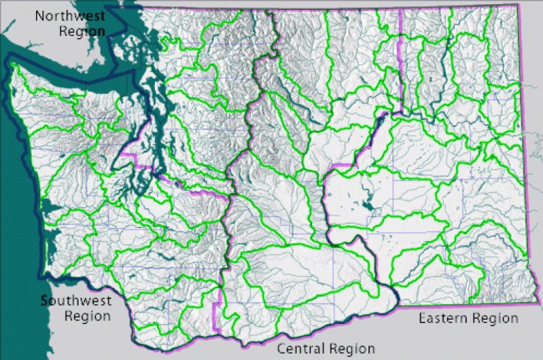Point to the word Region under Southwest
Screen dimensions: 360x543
tap(87, 315)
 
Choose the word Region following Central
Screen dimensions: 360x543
tap(351, 349)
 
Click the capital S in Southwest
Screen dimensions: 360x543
tap(44, 300)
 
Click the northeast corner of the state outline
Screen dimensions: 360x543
tap(517, 6)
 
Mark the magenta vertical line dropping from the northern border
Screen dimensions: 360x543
tap(401, 57)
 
